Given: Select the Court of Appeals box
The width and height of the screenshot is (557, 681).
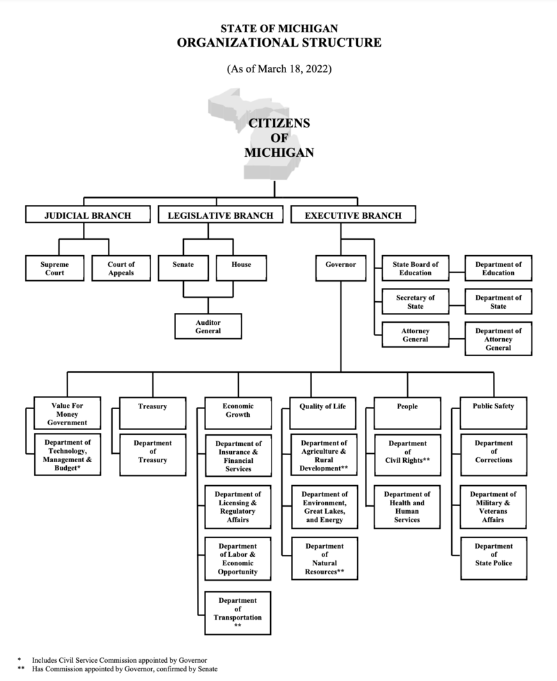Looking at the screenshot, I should (120, 268).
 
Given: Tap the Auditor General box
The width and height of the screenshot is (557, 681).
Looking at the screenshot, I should (207, 326).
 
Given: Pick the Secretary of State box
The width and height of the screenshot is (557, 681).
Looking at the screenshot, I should (414, 302).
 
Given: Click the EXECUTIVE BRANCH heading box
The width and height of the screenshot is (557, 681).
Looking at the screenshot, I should (353, 215).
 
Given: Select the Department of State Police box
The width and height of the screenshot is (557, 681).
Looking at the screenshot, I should (494, 555).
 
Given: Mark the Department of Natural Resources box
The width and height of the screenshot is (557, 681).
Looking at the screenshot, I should (324, 559).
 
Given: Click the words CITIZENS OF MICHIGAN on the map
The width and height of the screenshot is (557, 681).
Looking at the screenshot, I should (278, 138).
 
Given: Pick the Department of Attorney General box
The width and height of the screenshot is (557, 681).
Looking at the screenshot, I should (498, 339).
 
